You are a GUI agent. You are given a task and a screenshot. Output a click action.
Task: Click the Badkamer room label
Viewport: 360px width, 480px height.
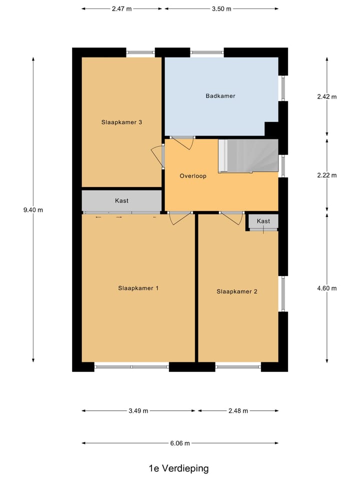click(x=220, y=96)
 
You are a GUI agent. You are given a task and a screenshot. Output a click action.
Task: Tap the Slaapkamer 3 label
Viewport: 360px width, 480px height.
click(x=122, y=122)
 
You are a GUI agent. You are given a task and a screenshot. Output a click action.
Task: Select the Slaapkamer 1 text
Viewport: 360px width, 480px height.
click(x=138, y=288)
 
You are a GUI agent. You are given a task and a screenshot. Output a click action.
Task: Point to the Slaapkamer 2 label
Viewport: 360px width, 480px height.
click(x=236, y=291)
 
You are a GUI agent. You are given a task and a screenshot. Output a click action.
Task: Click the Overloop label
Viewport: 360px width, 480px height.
click(x=193, y=176)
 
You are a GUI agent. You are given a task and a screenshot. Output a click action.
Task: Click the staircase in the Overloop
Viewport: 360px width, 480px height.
click(x=248, y=155)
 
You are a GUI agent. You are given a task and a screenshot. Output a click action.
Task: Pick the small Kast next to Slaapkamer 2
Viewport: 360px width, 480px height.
click(x=263, y=221)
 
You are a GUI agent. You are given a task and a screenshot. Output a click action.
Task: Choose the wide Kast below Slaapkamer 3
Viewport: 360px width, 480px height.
click(x=121, y=200)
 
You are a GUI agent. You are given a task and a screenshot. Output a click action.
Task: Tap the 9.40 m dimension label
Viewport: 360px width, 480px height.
click(x=33, y=210)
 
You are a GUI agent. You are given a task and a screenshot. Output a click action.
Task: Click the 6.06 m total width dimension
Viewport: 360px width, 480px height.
click(x=179, y=443)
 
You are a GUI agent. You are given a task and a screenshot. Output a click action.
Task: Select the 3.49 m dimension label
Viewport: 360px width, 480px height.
click(x=138, y=411)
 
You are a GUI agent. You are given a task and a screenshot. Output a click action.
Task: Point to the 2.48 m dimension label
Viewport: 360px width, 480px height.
click(x=238, y=411)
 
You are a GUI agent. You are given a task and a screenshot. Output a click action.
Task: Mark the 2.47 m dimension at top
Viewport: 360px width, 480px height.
click(x=122, y=9)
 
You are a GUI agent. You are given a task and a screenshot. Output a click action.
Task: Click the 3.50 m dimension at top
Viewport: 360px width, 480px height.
click(x=221, y=9)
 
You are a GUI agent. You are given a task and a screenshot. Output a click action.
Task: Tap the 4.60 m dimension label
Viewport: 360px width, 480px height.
click(x=327, y=288)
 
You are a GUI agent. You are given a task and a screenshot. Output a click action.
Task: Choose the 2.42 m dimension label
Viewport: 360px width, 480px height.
click(x=327, y=96)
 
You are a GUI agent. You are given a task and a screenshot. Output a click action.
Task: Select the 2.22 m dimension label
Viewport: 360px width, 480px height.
click(x=327, y=175)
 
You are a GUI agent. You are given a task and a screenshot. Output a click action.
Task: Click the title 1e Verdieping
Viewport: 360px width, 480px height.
click(x=178, y=468)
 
